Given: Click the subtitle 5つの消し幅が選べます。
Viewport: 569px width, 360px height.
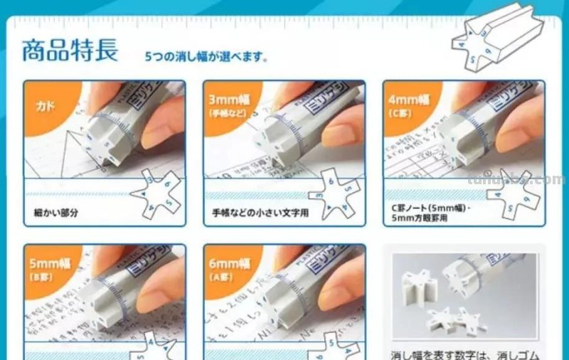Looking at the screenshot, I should [206, 56].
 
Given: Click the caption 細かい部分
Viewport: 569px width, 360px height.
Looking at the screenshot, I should [55, 212].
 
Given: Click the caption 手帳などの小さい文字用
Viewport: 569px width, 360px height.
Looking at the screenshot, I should [257, 212].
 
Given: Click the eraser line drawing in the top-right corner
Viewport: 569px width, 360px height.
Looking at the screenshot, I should [499, 42].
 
